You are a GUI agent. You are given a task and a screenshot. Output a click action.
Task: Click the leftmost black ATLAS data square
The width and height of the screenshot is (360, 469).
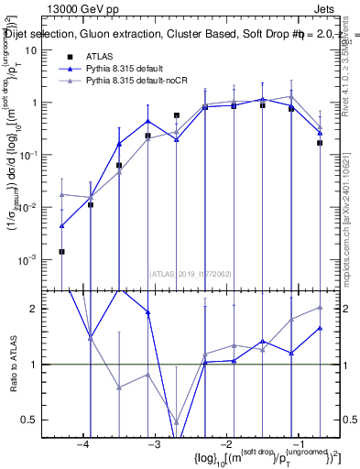tap(61, 251)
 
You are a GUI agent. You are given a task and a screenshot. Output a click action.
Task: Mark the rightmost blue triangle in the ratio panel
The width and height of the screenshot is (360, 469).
tap(321, 328)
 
